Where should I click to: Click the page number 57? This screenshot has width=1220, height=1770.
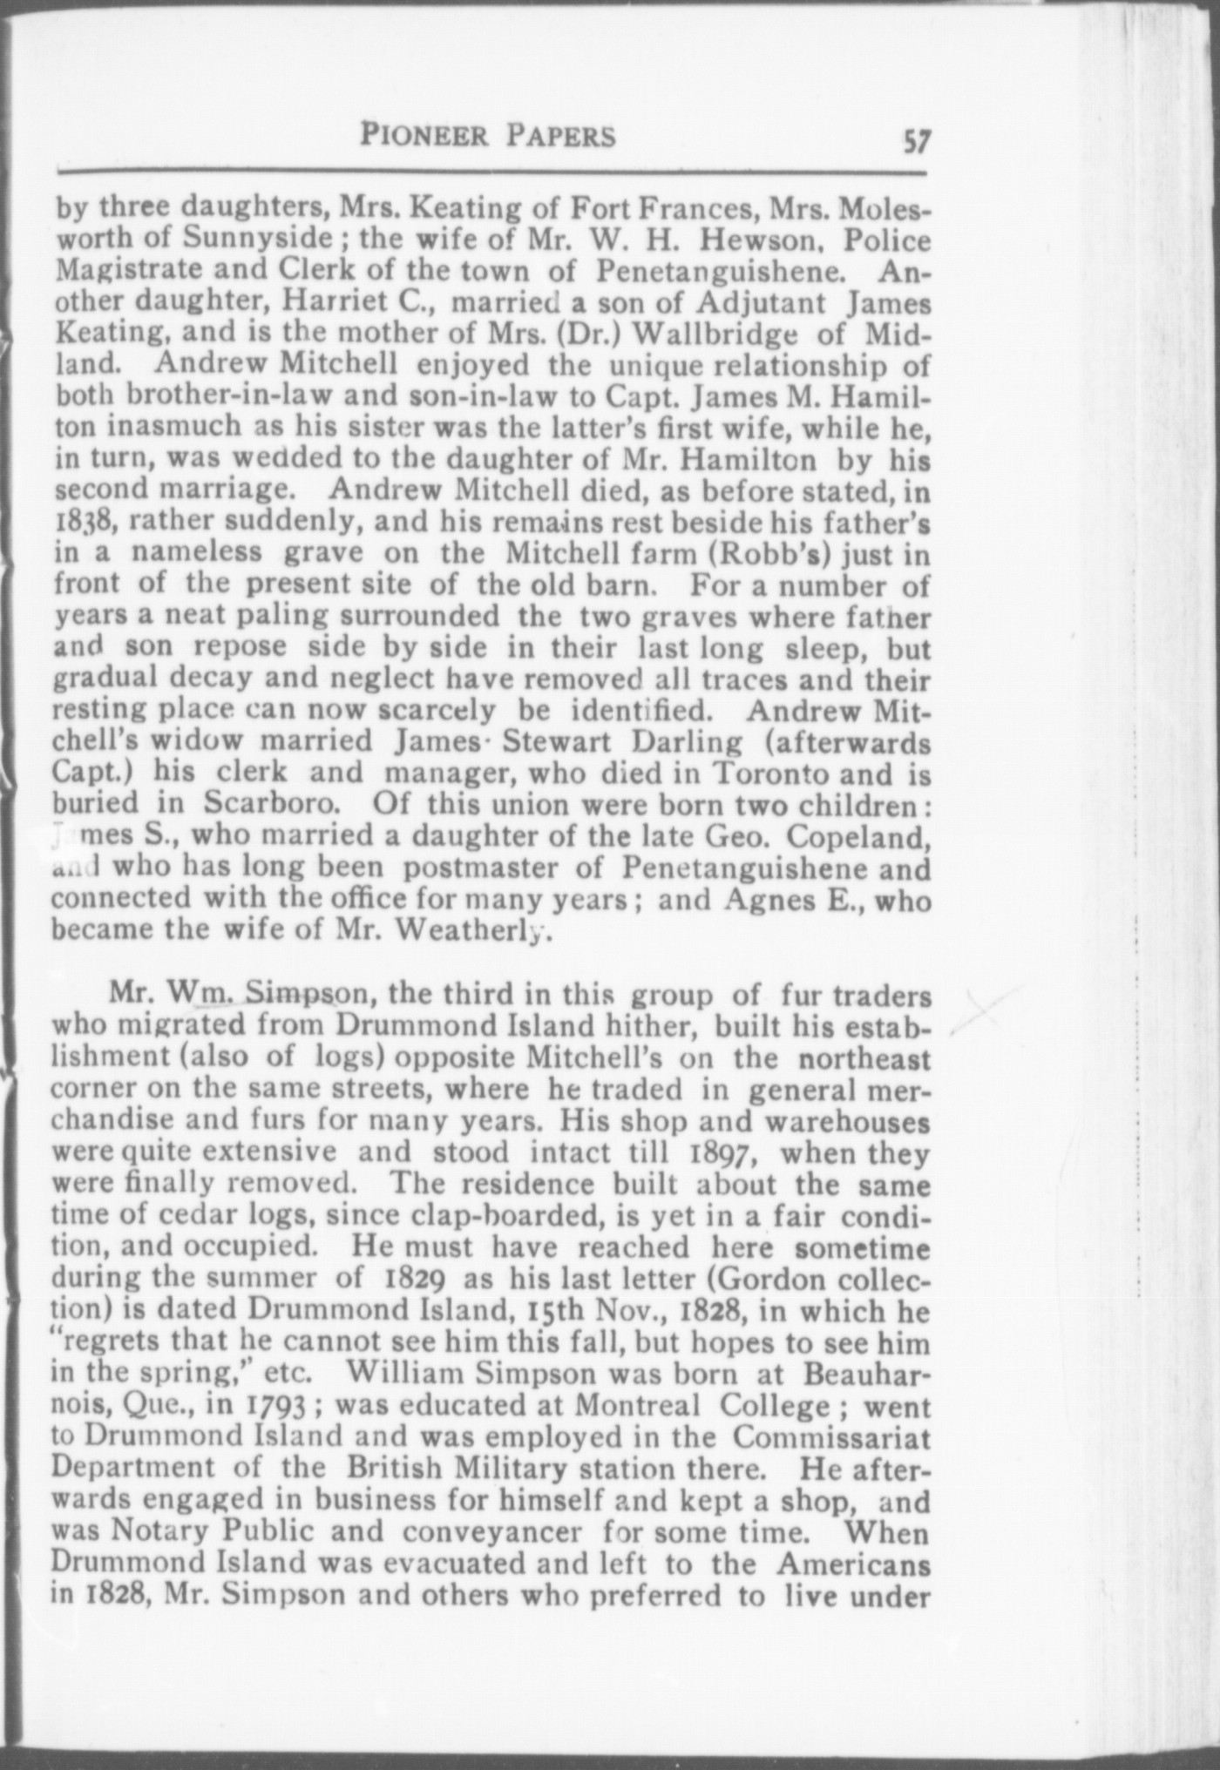pos(917,139)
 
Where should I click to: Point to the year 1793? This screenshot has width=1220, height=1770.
pos(274,1405)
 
